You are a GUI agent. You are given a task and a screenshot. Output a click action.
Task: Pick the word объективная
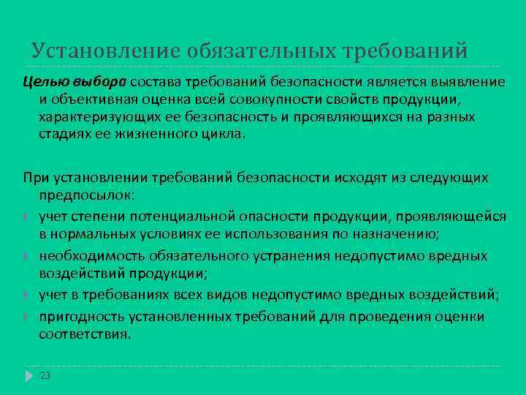(87, 99)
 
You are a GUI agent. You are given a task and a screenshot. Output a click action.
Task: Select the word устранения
(298, 256)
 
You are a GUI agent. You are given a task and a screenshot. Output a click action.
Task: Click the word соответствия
(84, 334)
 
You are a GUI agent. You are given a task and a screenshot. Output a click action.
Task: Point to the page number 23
(45, 375)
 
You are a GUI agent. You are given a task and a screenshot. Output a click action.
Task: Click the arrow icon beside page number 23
(28, 375)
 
